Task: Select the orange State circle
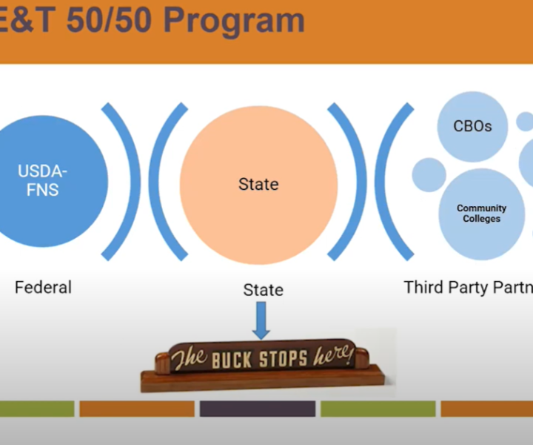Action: tap(258, 185)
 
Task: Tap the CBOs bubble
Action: tap(472, 126)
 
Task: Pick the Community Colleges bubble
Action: tap(482, 214)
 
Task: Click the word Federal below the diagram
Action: tap(43, 287)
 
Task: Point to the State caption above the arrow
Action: tap(264, 290)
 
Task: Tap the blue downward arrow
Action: tap(261, 320)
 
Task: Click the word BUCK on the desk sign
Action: tap(232, 360)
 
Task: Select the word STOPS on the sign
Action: tap(283, 358)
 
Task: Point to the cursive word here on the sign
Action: tap(334, 355)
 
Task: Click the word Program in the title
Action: tap(234, 21)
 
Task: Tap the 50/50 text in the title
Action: tap(109, 20)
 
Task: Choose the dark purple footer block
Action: tap(258, 409)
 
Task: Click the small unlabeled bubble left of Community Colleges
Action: tap(429, 175)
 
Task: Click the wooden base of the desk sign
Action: tap(262, 380)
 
